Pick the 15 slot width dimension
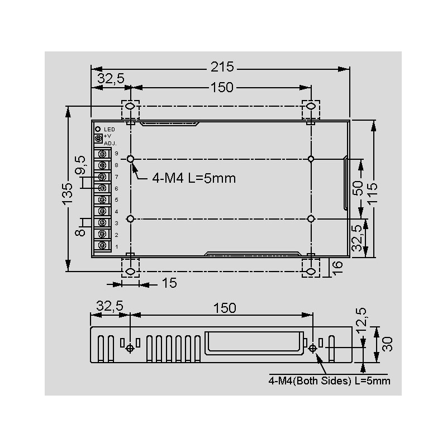coord(170,283)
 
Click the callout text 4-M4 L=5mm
coord(194,178)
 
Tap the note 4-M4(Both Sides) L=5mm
coord(329,381)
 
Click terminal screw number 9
coord(103,153)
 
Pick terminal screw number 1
coord(103,246)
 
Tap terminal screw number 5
coord(103,199)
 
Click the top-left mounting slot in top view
coord(130,106)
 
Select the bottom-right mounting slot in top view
coord(311,272)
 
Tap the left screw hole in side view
coord(130,348)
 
